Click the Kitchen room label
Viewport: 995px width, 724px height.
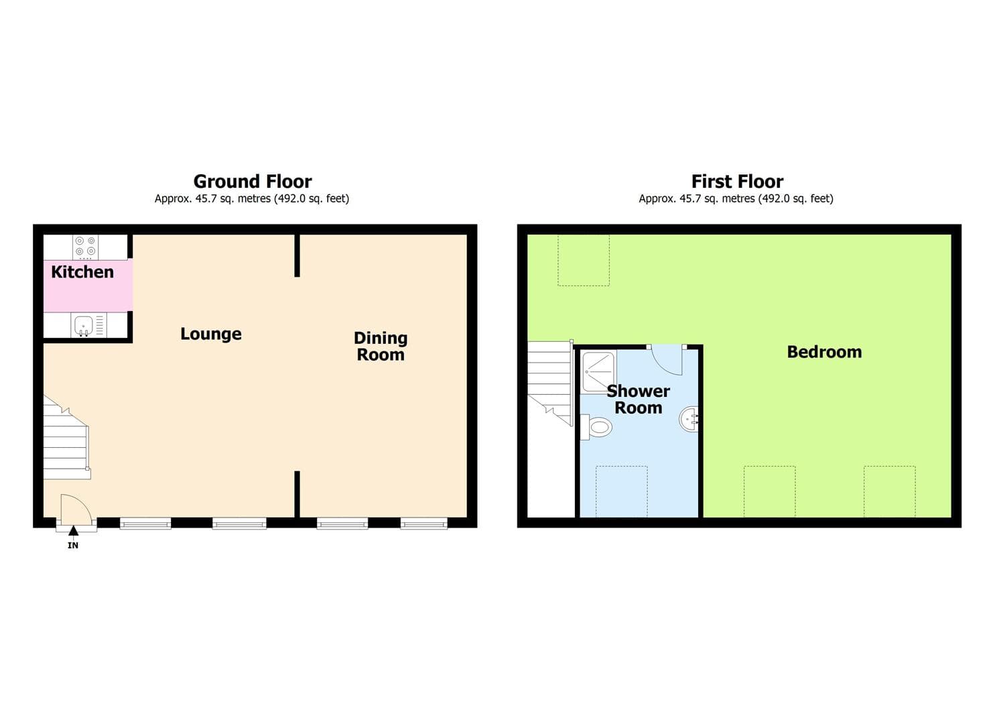pos(82,272)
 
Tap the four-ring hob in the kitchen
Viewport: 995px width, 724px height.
pos(85,247)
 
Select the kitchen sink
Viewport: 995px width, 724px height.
pos(84,326)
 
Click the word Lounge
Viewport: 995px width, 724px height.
pos(211,334)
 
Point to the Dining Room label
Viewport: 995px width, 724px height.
pos(381,347)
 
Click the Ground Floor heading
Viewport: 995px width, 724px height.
pos(253,182)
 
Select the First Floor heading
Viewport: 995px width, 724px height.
pos(737,182)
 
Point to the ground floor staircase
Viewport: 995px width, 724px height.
pos(66,439)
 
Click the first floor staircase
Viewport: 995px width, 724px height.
pos(549,382)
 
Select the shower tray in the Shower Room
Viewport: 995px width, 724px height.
pos(598,371)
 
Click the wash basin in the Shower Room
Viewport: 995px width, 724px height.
pos(690,420)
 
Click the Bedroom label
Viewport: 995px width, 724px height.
pos(824,352)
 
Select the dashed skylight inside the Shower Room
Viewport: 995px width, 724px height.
pos(622,491)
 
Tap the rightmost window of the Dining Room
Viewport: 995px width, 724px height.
pos(424,523)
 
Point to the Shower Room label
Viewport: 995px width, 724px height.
pos(638,400)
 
